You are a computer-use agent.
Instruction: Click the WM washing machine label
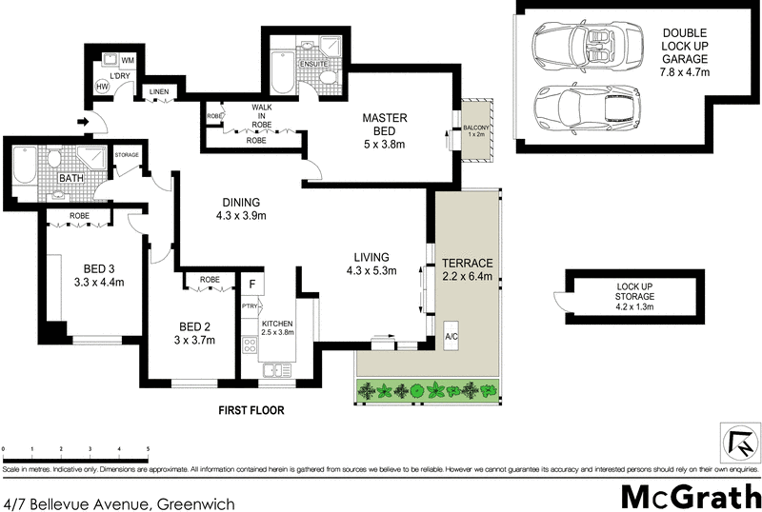point(127,61)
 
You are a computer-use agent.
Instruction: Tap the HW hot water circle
point(102,87)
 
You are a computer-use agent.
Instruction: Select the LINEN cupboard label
point(157,92)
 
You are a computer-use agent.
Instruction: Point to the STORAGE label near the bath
point(128,154)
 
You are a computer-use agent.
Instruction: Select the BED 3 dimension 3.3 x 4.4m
point(99,282)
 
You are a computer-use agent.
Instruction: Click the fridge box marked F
point(252,284)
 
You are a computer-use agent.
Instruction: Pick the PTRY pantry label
point(251,306)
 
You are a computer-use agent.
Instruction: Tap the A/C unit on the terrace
point(451,338)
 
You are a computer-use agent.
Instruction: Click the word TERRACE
point(468,264)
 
